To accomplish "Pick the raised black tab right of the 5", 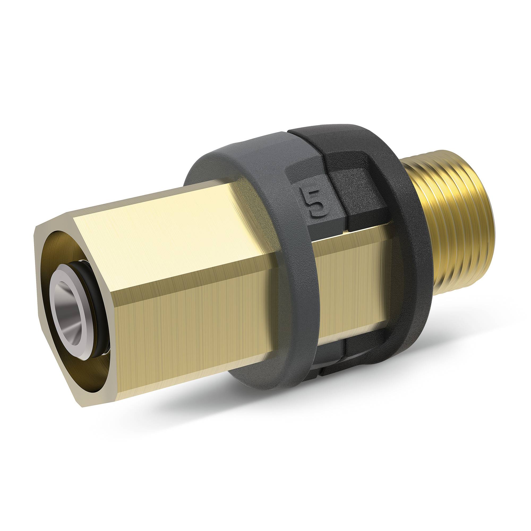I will [x=357, y=203].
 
